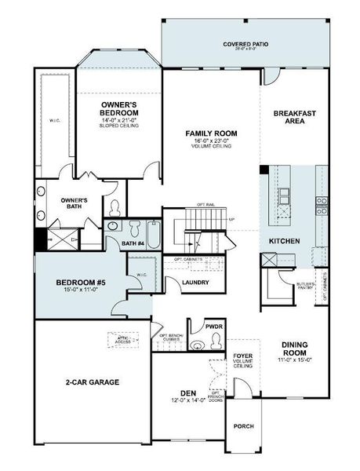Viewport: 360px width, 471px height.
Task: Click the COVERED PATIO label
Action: pyautogui.click(x=245, y=45)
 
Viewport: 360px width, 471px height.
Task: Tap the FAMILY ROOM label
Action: pyautogui.click(x=211, y=133)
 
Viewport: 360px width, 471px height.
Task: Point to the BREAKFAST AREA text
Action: pyautogui.click(x=294, y=117)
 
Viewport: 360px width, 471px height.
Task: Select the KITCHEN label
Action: pyautogui.click(x=283, y=240)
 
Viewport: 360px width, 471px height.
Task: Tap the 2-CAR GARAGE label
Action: pyautogui.click(x=93, y=382)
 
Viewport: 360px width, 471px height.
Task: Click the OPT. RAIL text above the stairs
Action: pyautogui.click(x=205, y=204)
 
